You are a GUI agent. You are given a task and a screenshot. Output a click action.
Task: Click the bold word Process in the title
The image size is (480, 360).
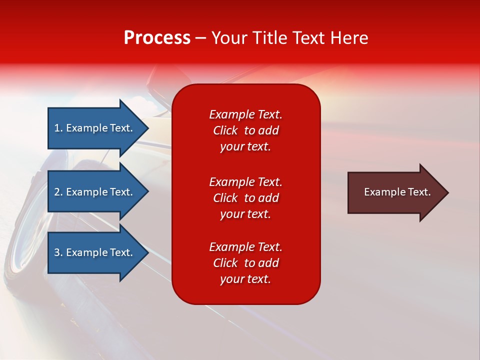tap(157, 38)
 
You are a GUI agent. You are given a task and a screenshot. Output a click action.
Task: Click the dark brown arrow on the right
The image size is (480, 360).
tap(395, 192)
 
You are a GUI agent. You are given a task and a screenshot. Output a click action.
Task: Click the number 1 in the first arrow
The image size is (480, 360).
tap(57, 128)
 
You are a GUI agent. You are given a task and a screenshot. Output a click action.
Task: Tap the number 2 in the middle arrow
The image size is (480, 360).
tap(57, 192)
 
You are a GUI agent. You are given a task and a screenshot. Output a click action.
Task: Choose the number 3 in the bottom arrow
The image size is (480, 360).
tap(57, 252)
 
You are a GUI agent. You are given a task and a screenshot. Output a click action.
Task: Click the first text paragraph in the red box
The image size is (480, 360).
tap(245, 130)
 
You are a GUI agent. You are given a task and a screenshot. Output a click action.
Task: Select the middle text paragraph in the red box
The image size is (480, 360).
tap(245, 198)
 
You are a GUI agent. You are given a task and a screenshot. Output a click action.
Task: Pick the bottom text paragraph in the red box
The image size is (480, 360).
tap(245, 263)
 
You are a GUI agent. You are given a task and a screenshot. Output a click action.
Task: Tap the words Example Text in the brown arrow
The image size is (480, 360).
tap(397, 192)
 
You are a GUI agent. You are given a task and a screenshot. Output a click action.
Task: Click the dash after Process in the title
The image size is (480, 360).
tap(200, 38)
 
